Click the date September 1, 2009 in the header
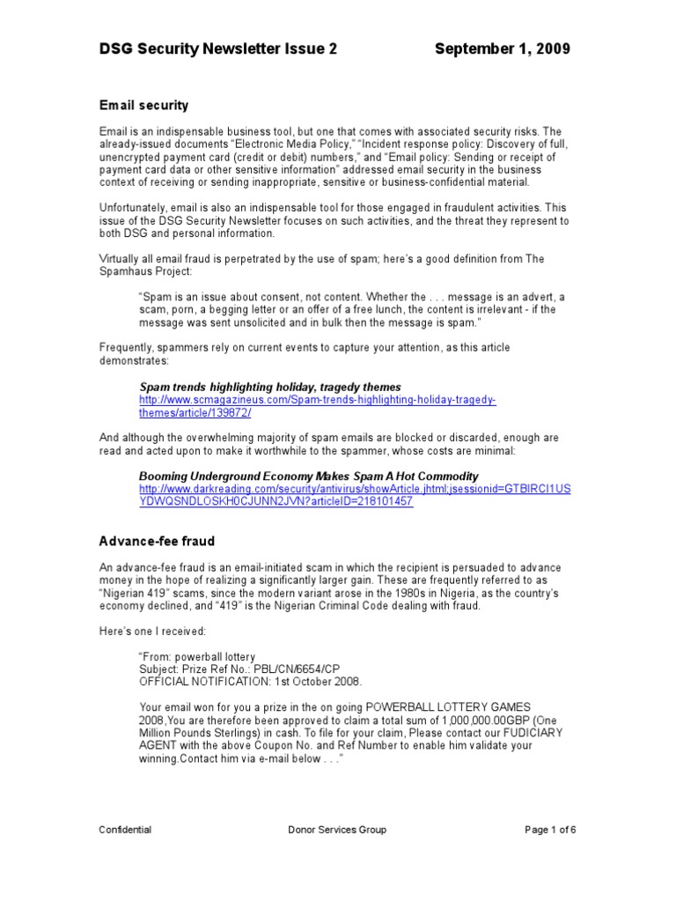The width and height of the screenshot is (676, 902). pyautogui.click(x=502, y=49)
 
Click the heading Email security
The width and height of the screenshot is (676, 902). pyautogui.click(x=143, y=105)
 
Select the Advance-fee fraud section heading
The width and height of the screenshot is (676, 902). pyautogui.click(x=157, y=541)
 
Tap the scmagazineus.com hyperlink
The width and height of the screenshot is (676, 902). pyautogui.click(x=317, y=401)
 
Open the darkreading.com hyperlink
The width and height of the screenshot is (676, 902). pyautogui.click(x=355, y=489)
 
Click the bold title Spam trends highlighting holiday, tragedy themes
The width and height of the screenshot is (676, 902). pyautogui.click(x=270, y=387)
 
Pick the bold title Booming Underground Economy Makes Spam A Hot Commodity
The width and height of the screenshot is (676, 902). pyautogui.click(x=309, y=476)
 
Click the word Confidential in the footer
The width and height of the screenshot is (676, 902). pyautogui.click(x=125, y=830)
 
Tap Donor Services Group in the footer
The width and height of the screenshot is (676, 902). pyautogui.click(x=337, y=830)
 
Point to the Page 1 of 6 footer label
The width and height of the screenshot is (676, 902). pyautogui.click(x=550, y=830)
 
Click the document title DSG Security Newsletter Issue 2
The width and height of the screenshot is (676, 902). pyautogui.click(x=217, y=49)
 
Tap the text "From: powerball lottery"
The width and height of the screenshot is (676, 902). pyautogui.click(x=197, y=656)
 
